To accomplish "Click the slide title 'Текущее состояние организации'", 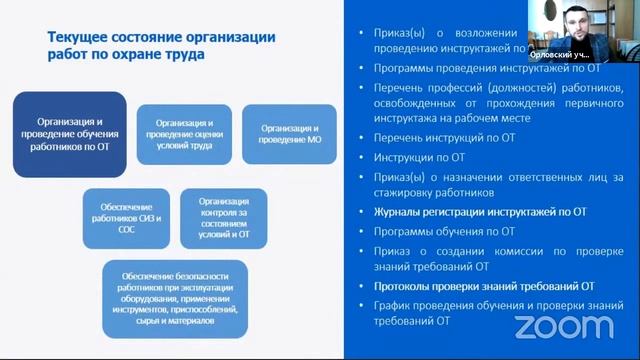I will tap(161, 38).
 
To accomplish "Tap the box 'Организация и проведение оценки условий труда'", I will tap(184, 133).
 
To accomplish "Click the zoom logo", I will tap(564, 326).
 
